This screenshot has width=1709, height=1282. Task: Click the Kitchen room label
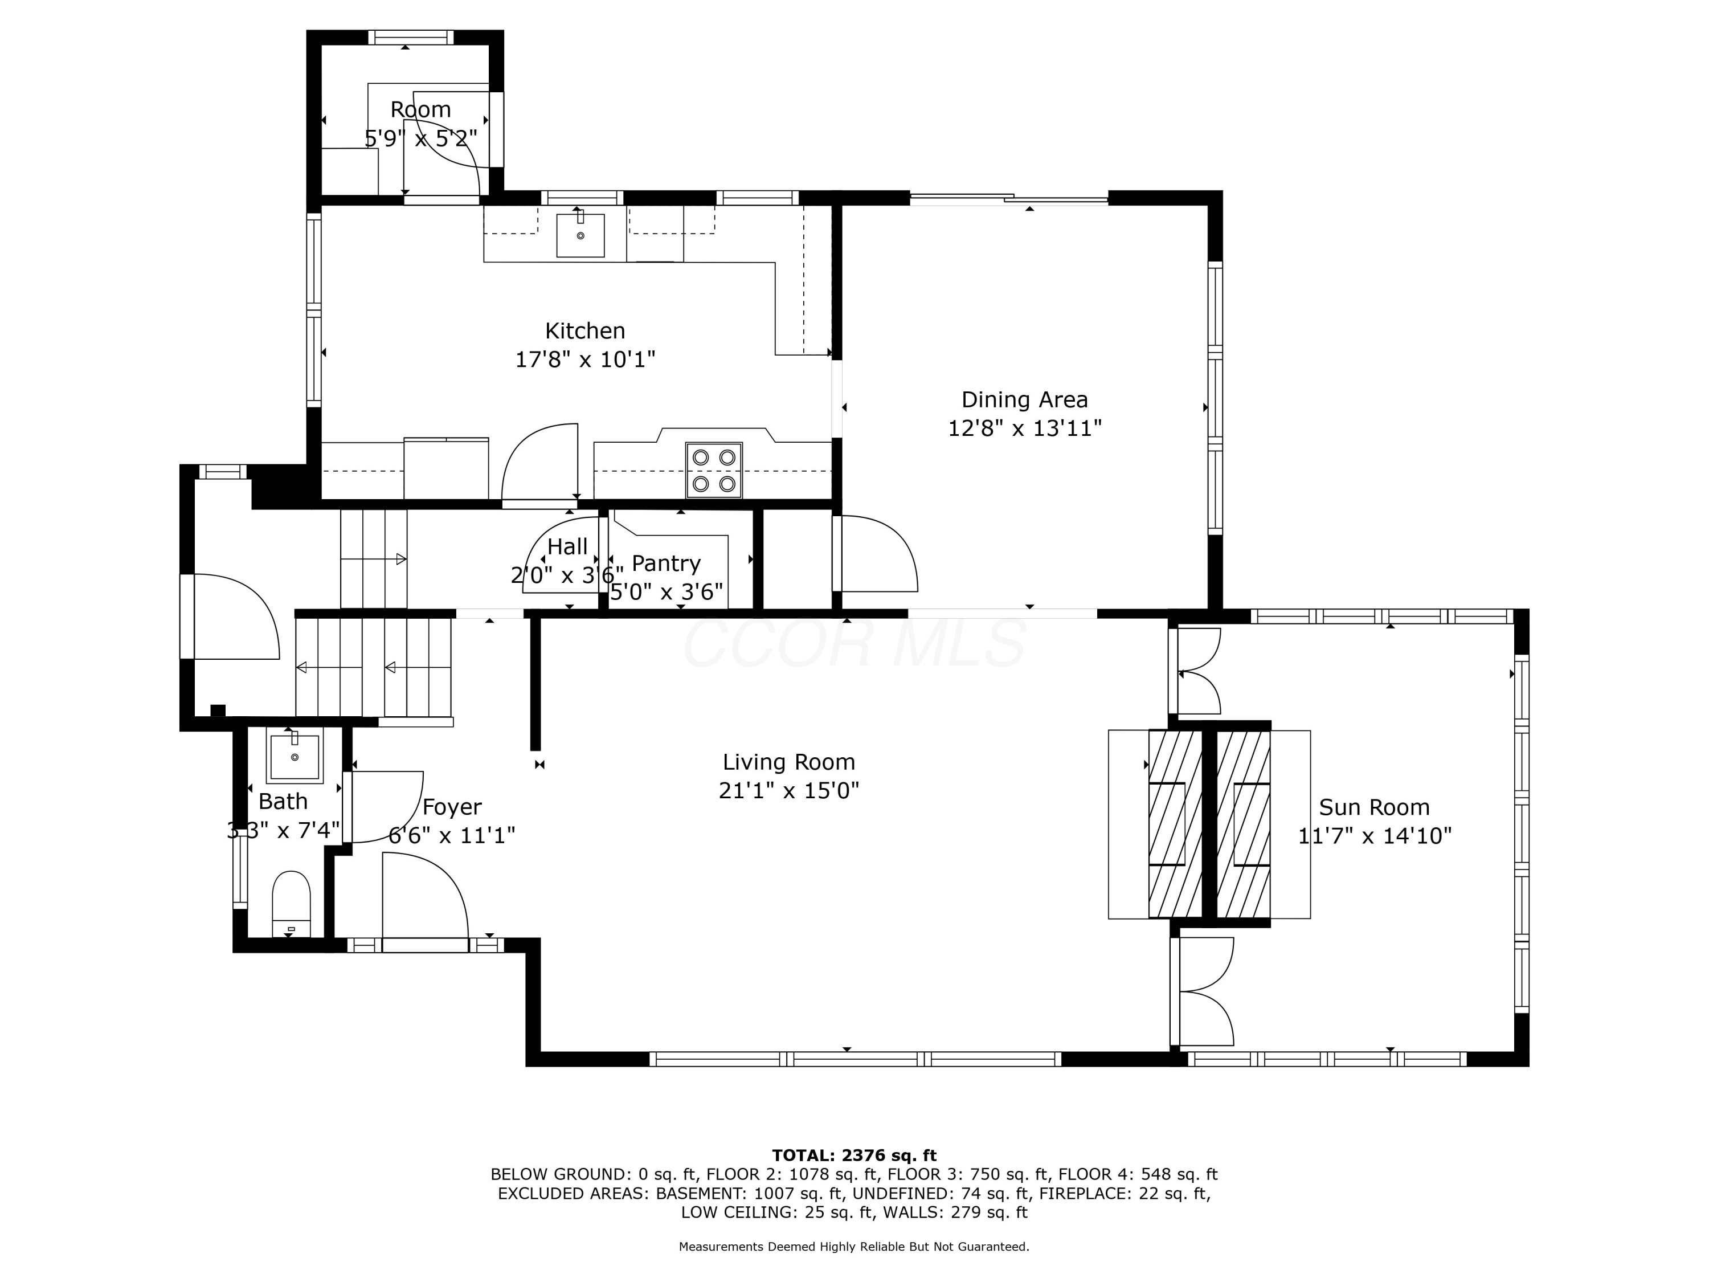585,330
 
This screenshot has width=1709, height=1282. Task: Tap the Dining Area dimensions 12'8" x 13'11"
1024,428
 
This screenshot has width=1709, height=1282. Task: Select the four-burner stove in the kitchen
714,470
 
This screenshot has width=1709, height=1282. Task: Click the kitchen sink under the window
580,235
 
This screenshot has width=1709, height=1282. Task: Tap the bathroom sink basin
295,757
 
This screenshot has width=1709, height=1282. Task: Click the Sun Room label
1373,807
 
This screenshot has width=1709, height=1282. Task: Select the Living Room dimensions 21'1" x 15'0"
789,790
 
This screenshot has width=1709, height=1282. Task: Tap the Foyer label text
452,807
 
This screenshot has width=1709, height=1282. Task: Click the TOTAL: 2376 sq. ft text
854,1156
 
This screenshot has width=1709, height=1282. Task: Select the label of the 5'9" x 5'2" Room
420,110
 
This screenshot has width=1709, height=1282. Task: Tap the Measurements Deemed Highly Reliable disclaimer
854,1247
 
